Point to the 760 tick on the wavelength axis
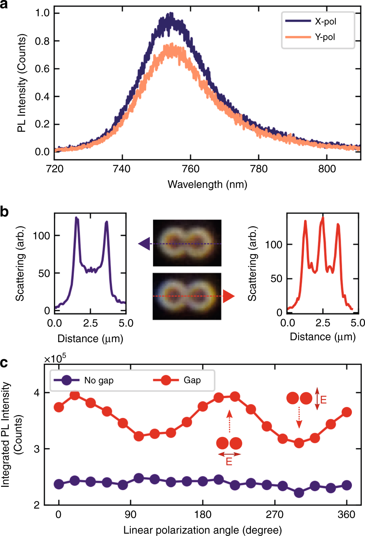[191, 169]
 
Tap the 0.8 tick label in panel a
[42, 41]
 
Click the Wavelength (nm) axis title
[207, 184]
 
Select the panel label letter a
[4, 5]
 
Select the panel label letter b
[4, 212]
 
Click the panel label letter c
[4, 363]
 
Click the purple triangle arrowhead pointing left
[144, 243]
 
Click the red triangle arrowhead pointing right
[228, 296]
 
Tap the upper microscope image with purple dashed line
[187, 243]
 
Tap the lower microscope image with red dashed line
[187, 296]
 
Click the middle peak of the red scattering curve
[322, 219]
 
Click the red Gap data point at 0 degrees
[59, 407]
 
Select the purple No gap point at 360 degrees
[347, 485]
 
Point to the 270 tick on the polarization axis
[275, 515]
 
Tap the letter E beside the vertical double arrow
[323, 400]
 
